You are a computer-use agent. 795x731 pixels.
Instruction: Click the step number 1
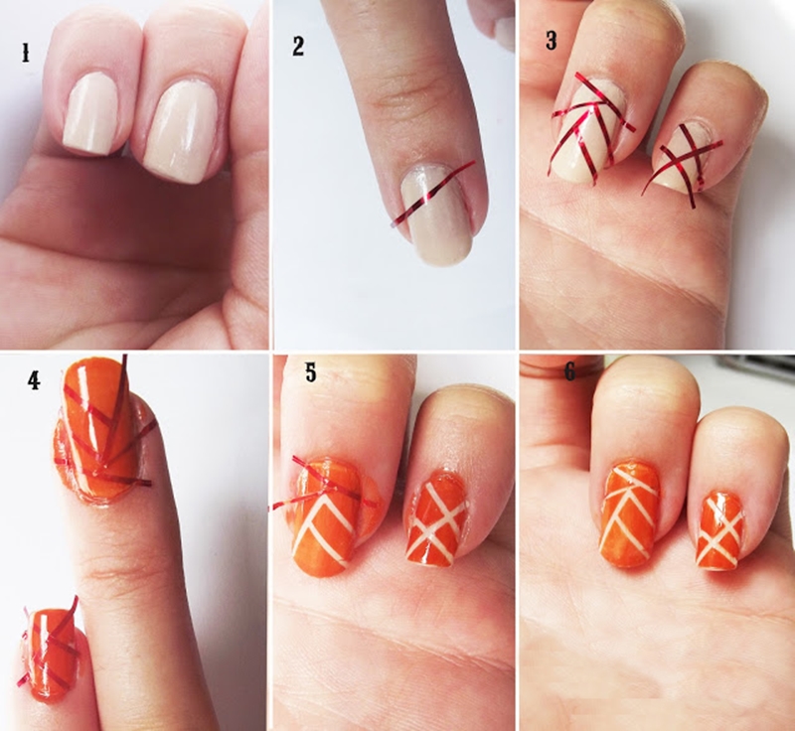coord(25,53)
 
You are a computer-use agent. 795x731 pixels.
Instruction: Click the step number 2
coord(298,46)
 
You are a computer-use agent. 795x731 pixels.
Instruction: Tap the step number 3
coord(552,41)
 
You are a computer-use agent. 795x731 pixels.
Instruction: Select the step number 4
coord(34,380)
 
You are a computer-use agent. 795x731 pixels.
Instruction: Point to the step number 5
coord(310,372)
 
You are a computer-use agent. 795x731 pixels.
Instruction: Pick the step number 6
coord(569,372)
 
